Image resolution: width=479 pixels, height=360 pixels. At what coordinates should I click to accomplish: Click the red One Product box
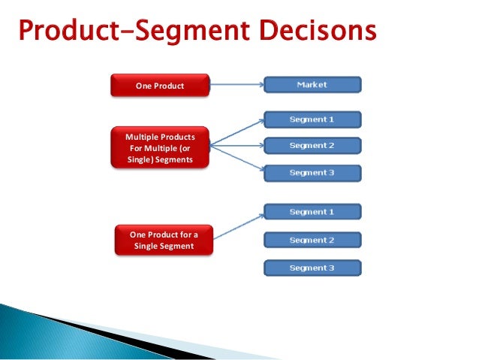159,86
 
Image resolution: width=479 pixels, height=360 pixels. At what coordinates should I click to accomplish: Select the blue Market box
312,84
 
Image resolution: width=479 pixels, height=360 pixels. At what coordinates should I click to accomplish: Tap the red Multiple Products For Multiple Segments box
159,148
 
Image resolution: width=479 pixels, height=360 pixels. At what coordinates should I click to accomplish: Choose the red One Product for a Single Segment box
164,240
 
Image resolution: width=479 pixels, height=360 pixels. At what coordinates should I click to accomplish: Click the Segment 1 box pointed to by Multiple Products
312,119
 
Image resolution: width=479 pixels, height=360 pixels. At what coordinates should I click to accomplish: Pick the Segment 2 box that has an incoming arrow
312,146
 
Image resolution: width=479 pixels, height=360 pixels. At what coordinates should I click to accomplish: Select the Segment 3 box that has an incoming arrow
312,173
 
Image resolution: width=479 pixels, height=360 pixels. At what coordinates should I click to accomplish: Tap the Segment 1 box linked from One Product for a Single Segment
312,212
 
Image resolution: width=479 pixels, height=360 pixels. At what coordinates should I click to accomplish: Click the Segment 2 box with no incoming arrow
312,241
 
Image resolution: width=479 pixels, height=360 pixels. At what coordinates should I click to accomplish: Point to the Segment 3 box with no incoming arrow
312,268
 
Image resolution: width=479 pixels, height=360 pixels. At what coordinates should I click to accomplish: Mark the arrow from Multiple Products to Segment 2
236,145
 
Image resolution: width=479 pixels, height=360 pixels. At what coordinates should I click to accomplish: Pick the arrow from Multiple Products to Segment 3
236,159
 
